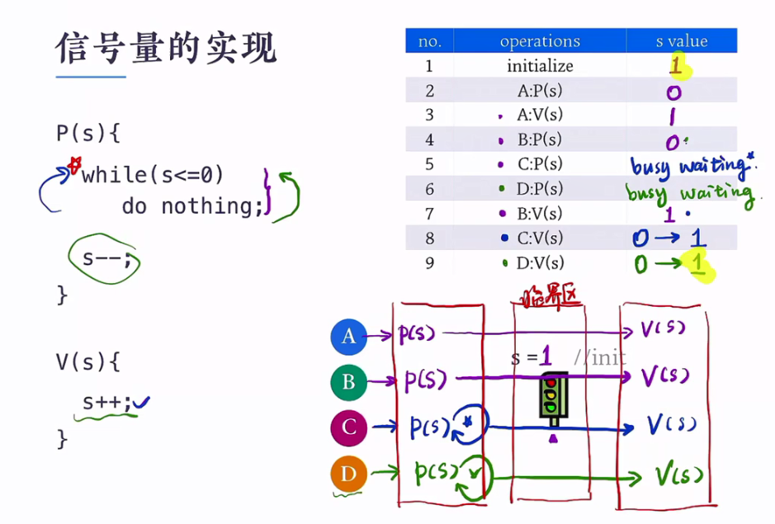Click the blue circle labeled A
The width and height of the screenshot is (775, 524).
[x=348, y=336]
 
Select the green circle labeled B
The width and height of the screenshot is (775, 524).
[x=348, y=382]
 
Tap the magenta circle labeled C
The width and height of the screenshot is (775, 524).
[x=348, y=427]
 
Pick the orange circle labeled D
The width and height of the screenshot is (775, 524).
[x=348, y=474]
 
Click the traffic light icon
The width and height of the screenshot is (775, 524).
[x=552, y=395]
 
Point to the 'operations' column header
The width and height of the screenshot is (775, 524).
[x=540, y=41]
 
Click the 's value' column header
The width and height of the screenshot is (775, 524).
[x=681, y=41]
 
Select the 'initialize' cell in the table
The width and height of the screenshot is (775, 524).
[x=540, y=66]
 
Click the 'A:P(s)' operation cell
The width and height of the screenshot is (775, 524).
[x=540, y=91]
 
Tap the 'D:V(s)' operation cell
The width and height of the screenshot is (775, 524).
[x=540, y=263]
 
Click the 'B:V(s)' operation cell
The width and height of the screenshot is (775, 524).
[x=540, y=214]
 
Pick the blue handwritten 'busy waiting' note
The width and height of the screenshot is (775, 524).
[x=692, y=167]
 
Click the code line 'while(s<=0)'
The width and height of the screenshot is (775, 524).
[x=153, y=175]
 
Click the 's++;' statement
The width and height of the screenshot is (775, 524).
[x=106, y=403]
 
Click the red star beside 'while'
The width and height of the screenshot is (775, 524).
[x=74, y=166]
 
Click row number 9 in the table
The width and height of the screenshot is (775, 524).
[x=429, y=263]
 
